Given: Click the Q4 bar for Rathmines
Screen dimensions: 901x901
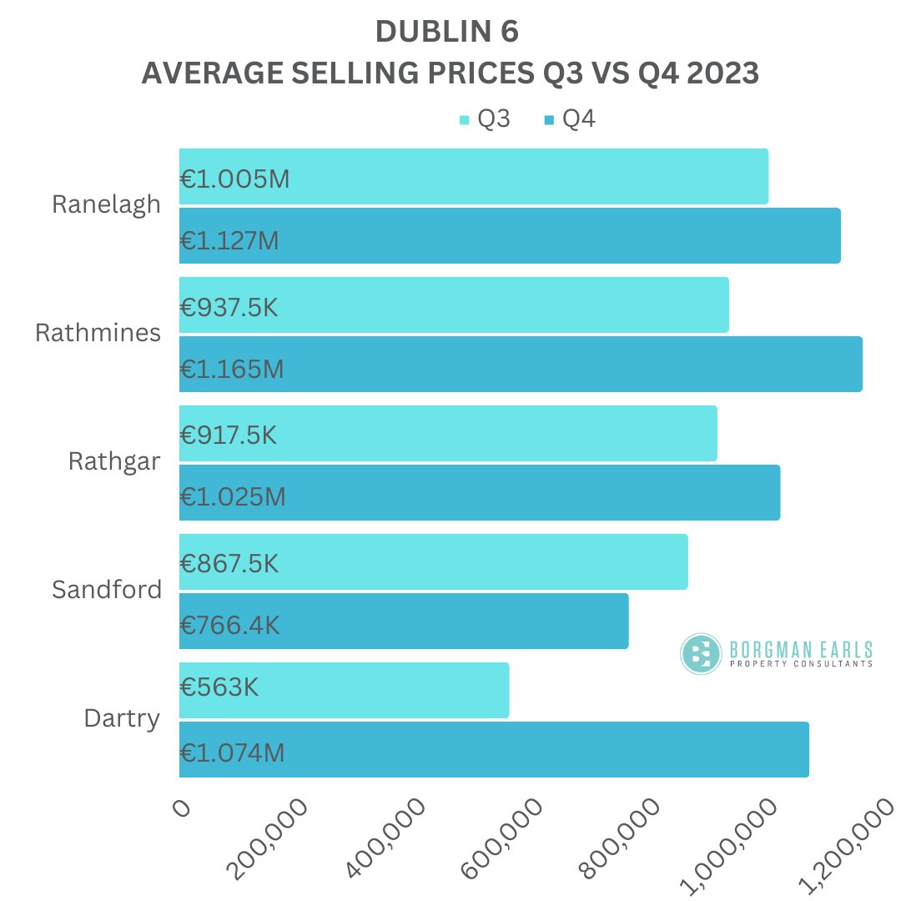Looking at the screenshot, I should point(521,364).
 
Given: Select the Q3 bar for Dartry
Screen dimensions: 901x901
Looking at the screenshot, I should point(344,690).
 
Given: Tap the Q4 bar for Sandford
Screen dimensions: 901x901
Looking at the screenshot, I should point(404,621).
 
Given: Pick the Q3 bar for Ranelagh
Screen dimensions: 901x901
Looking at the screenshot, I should point(473,176).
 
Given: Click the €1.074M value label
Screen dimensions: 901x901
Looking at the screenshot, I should point(233,753).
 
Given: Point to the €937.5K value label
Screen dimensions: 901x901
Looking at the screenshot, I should point(229,308).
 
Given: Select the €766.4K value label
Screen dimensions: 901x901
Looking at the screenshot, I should point(230,626).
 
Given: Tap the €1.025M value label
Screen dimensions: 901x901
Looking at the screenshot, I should point(234,497).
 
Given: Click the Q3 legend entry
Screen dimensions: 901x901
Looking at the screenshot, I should point(486,119).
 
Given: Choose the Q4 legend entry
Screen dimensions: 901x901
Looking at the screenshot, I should point(571,119).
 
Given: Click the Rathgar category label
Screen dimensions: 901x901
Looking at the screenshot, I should point(114,461).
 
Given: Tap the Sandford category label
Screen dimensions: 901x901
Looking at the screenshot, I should point(107,590).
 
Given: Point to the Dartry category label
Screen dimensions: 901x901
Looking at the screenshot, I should point(122,718).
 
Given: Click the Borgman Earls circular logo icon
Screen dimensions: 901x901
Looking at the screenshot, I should point(701,653).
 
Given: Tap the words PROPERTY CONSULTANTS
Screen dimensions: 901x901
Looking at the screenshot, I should point(801,664).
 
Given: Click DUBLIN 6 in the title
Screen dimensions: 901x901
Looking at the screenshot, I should point(447,31).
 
